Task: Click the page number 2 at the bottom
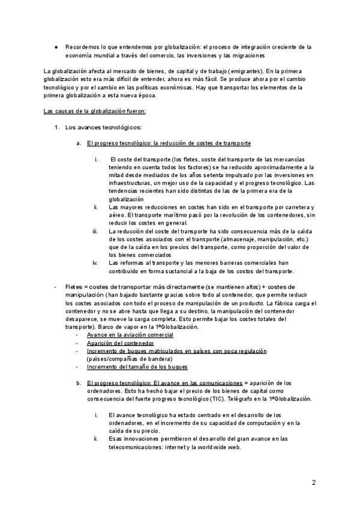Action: (x=314, y=483)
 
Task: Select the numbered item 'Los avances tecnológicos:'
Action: (x=103, y=127)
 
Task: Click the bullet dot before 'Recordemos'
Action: (x=55, y=47)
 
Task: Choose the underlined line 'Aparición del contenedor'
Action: (x=121, y=343)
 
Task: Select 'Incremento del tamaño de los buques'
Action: (x=137, y=367)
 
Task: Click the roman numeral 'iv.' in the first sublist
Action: (x=95, y=262)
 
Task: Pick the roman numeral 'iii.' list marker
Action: (x=95, y=231)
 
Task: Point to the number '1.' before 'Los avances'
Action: (x=58, y=127)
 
